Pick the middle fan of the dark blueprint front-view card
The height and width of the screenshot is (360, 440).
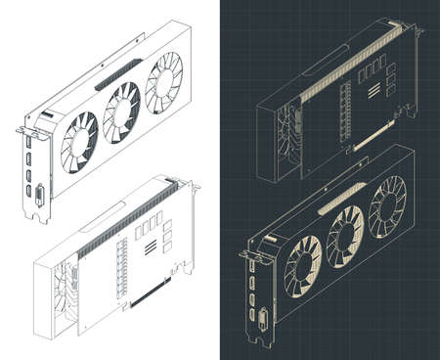345,234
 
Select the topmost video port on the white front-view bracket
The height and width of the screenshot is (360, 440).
31,143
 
